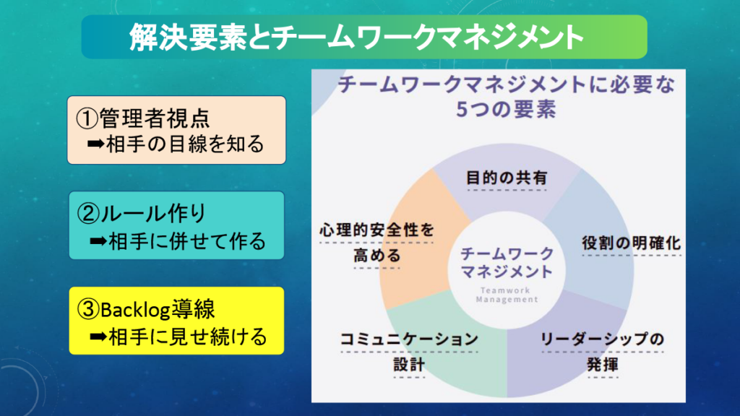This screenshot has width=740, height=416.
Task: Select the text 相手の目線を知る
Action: coord(186,144)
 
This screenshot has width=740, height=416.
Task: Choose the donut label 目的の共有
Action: coord(506,177)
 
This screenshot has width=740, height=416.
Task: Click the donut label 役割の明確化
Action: coord(631,243)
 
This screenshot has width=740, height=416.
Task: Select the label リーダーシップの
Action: coord(601,338)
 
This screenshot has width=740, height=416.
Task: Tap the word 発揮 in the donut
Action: coord(602,364)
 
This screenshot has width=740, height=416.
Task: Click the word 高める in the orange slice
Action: coord(377,255)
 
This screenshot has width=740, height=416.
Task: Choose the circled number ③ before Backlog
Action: coord(86,310)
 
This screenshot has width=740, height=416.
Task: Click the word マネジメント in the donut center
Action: coord(506,272)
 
